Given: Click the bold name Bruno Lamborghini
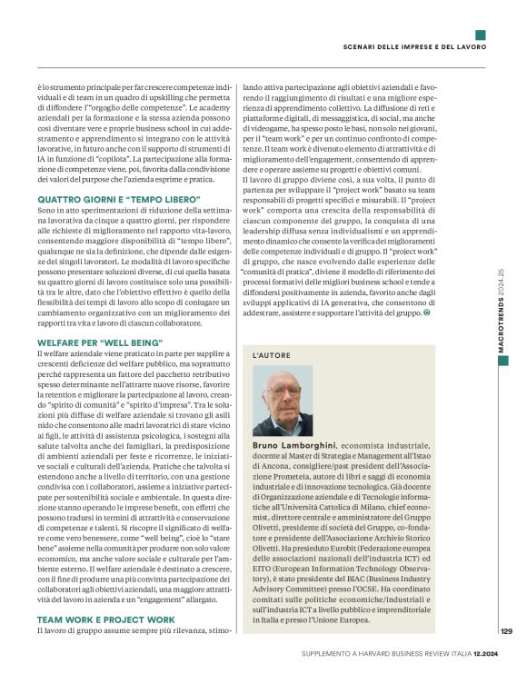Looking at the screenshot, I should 293,447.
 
